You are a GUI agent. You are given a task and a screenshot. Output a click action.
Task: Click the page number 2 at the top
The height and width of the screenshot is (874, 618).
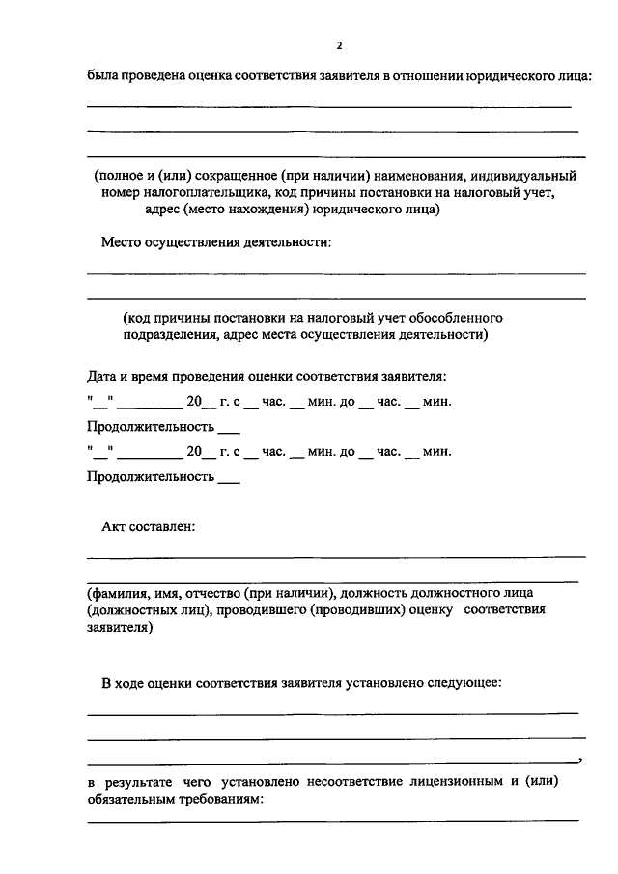[339, 45]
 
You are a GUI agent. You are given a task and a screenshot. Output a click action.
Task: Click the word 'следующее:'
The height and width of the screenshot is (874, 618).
[459, 683]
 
